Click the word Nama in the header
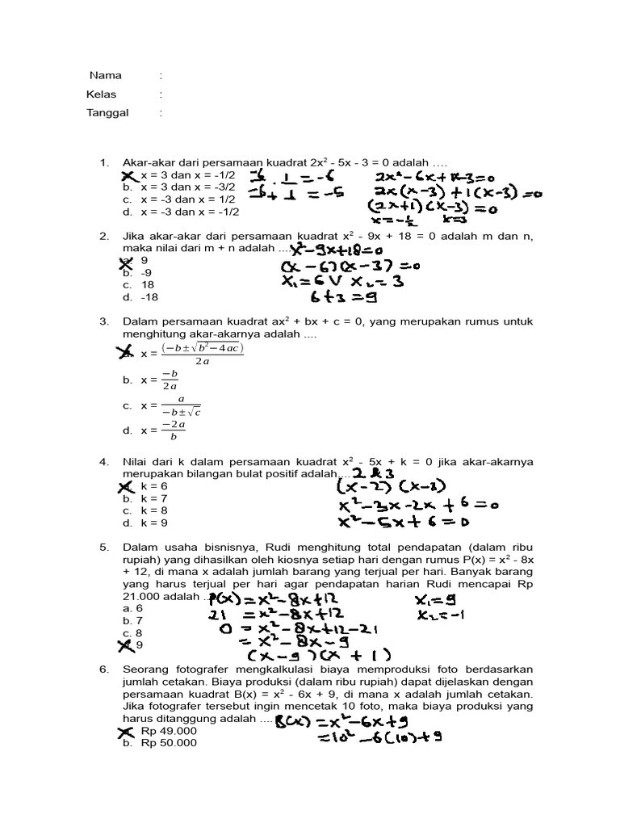point(106,76)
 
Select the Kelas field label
point(102,94)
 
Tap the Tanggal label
point(107,113)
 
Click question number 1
point(104,163)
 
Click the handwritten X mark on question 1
point(128,175)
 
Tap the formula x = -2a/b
point(162,430)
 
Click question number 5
point(104,548)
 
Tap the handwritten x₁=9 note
point(435,600)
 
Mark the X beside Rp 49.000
point(128,732)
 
